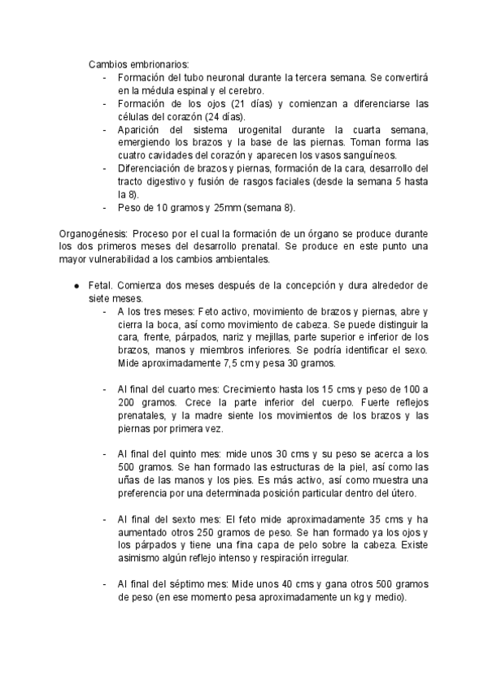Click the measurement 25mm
point(222,208)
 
